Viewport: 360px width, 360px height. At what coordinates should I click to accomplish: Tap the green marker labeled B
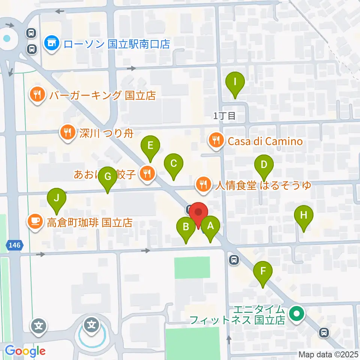(186, 227)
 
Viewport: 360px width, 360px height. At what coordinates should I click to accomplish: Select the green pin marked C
(174, 164)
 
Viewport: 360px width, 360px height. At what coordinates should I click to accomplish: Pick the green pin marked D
(264, 165)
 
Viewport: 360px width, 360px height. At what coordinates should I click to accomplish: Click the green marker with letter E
(150, 145)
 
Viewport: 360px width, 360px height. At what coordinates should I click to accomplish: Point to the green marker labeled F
(263, 271)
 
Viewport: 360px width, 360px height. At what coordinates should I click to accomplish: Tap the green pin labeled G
(108, 176)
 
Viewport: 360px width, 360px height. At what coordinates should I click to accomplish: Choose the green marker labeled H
(304, 215)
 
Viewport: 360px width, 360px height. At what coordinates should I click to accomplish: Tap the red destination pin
(198, 212)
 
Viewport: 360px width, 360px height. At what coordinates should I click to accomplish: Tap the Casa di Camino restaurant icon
(216, 141)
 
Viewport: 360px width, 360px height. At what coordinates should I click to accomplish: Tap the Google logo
(25, 351)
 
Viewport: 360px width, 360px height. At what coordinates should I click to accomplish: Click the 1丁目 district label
(225, 116)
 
